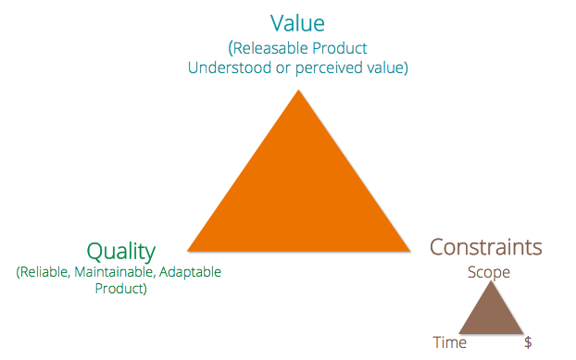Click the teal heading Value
298,22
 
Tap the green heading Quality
120,252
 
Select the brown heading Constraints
485,248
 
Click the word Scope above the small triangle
489,272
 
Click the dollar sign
528,342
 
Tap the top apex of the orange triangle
298,91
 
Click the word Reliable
47,273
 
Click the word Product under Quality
120,289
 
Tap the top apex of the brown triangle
491,281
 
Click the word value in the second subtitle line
387,68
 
